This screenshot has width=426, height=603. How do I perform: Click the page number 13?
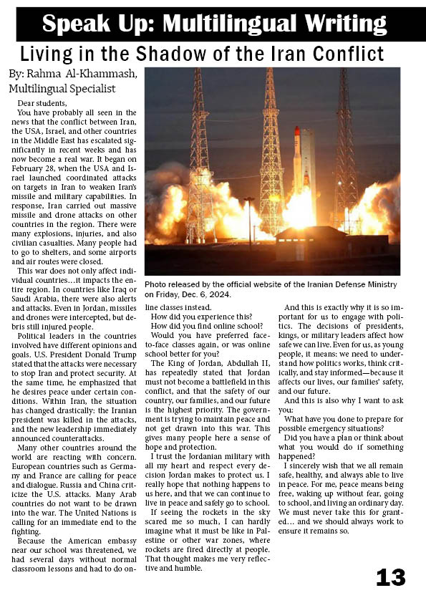tap(390, 577)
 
